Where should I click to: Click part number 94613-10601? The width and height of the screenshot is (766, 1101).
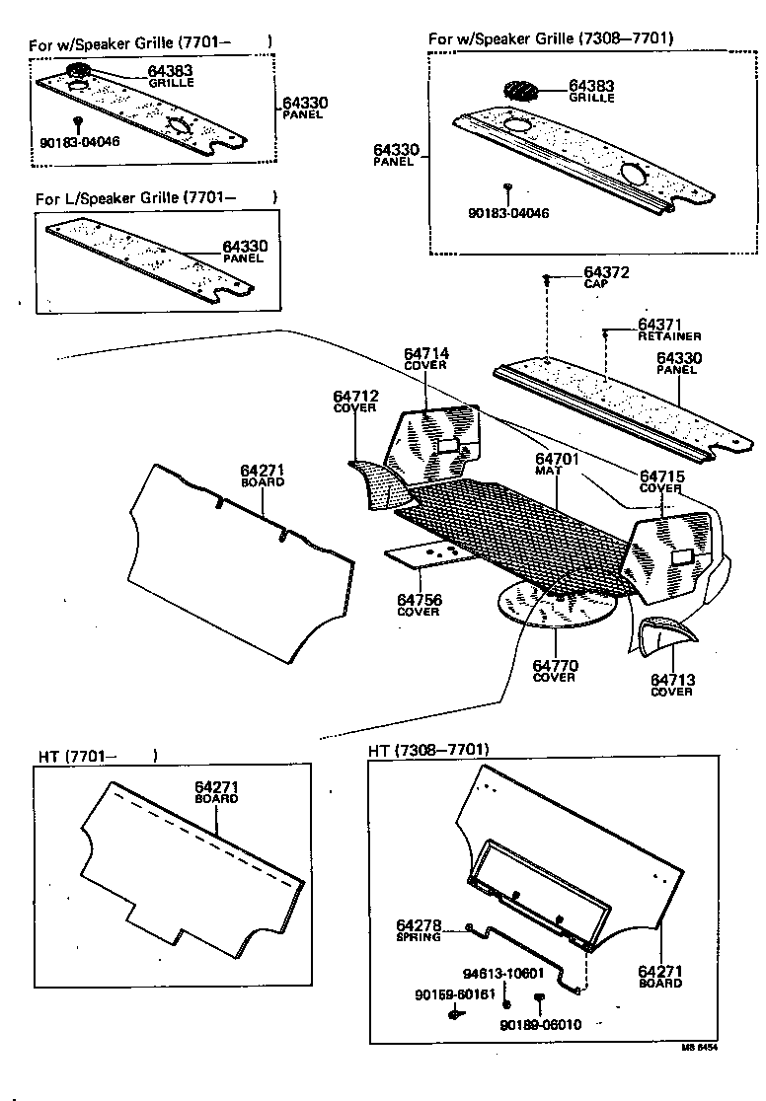pyautogui.click(x=503, y=973)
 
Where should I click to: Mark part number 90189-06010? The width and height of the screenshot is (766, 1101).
pyautogui.click(x=540, y=1024)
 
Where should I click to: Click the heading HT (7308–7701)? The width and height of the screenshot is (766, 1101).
pyautogui.click(x=428, y=750)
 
